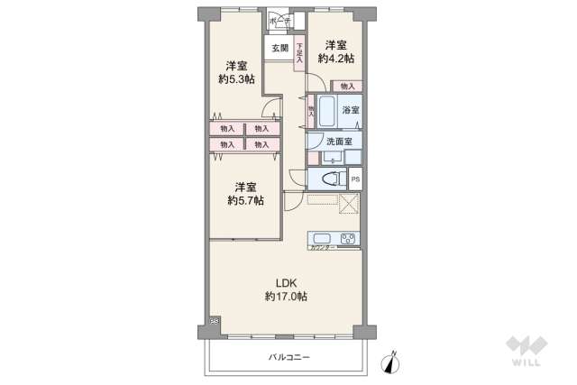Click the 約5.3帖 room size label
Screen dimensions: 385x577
(x=236, y=79)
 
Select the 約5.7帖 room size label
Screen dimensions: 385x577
(x=245, y=200)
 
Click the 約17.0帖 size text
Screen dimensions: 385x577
(x=286, y=296)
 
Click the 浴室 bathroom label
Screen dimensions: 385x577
(x=351, y=110)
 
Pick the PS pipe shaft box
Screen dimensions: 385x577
(x=354, y=179)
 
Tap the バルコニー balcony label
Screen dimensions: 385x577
(x=288, y=358)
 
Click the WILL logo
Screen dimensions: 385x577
(x=527, y=351)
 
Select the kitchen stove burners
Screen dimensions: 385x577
(x=349, y=238)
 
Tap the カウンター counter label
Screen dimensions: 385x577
(x=322, y=247)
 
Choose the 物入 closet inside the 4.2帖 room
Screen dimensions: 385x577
(x=347, y=87)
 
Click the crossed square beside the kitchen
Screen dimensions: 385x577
(x=349, y=204)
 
